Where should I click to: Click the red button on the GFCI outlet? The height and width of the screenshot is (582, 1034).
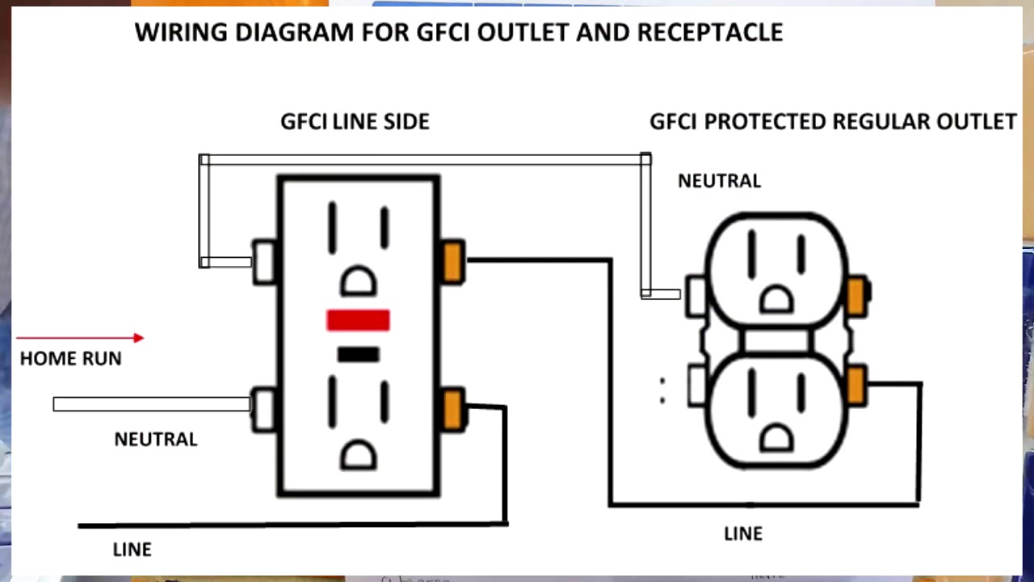click(x=358, y=321)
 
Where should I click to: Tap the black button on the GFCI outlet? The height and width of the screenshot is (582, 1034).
click(x=358, y=354)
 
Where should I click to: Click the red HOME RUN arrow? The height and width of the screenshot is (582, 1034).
click(x=80, y=338)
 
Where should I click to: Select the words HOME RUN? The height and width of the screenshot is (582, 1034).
click(x=70, y=359)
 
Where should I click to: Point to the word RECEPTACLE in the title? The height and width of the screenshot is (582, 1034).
click(x=710, y=32)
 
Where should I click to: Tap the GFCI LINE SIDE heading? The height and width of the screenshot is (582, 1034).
click(x=355, y=121)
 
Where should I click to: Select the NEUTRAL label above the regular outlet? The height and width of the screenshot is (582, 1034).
click(x=719, y=181)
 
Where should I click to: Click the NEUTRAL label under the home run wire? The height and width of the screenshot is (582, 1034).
click(x=155, y=440)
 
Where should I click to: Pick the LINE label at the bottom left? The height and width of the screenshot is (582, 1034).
click(x=132, y=550)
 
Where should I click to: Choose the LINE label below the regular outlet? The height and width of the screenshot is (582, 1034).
click(x=742, y=533)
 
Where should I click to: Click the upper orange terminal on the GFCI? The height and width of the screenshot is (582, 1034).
click(x=453, y=262)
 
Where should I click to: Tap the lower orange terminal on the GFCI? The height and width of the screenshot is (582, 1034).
click(x=453, y=410)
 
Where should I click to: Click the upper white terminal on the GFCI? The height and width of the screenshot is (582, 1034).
click(x=264, y=262)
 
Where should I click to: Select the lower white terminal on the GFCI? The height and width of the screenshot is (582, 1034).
click(x=264, y=409)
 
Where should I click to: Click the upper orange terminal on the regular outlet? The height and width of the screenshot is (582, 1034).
click(x=856, y=295)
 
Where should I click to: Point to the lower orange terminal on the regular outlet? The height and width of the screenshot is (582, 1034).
click(x=856, y=385)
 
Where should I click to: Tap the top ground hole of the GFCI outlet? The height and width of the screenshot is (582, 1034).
click(x=358, y=282)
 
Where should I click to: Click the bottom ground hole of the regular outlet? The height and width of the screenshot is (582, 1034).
click(x=777, y=438)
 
